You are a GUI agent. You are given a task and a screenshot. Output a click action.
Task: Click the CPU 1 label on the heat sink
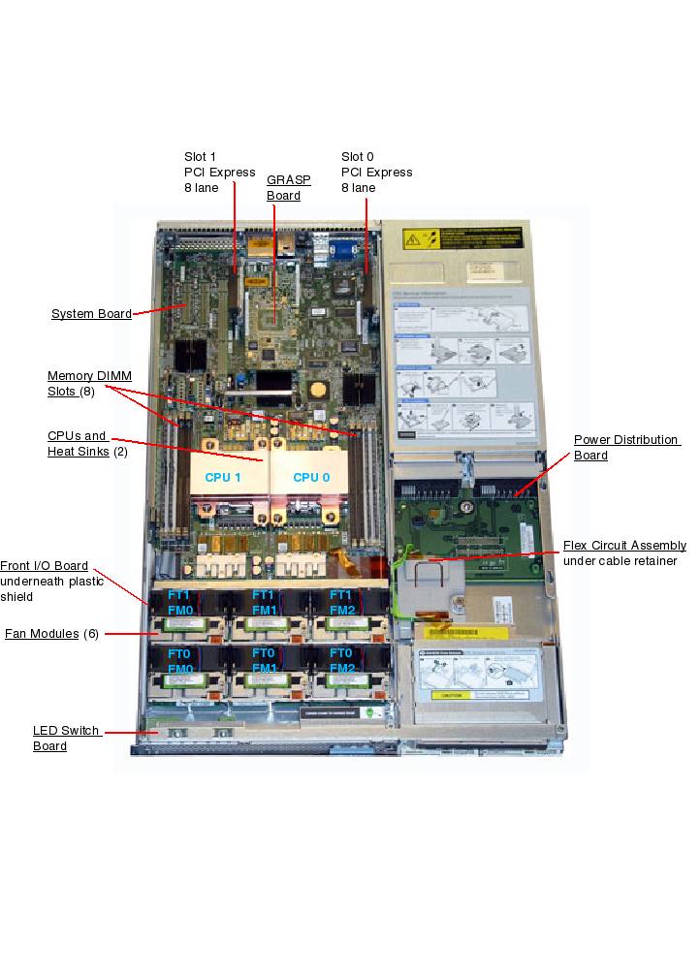tap(223, 477)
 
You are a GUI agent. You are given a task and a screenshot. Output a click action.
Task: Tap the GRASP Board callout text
tap(283, 187)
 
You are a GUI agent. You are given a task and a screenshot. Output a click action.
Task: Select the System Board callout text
tap(91, 313)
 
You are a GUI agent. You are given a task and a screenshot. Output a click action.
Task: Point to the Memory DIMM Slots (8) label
tap(89, 383)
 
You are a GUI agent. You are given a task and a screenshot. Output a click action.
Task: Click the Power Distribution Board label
tap(625, 447)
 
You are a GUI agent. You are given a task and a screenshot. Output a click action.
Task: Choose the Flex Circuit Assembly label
tap(624, 546)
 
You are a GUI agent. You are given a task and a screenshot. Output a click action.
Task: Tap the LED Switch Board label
tap(66, 738)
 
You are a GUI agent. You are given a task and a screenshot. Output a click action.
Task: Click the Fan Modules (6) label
tap(51, 634)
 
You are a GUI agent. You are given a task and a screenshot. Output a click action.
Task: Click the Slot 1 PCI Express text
tap(219, 172)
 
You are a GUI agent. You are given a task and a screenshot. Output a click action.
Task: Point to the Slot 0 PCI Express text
tap(376, 172)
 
